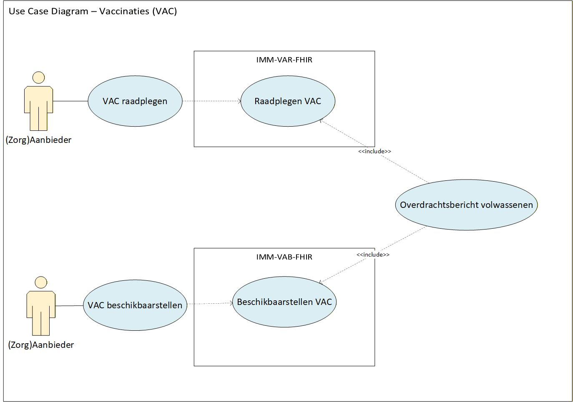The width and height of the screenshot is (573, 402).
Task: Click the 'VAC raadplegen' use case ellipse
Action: click(135, 101)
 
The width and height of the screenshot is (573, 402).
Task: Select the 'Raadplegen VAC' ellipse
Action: click(288, 101)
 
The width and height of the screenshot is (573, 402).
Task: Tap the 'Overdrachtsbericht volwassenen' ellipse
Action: click(466, 205)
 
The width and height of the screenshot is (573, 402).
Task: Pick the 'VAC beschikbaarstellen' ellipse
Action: click(135, 305)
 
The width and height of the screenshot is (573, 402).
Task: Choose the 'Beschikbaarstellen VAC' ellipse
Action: click(284, 302)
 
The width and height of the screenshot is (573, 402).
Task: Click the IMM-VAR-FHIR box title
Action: click(284, 60)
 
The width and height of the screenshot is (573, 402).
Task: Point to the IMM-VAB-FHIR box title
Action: click(284, 257)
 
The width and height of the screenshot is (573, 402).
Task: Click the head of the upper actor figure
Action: click(38, 78)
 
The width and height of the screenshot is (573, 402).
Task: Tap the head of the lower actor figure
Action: click(41, 282)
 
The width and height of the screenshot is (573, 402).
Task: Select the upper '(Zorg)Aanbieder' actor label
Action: click(38, 140)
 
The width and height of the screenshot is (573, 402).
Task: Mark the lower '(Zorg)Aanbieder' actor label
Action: click(41, 345)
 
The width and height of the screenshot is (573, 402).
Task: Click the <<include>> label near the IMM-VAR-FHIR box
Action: click(374, 151)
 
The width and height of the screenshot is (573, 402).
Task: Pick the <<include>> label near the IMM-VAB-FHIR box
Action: click(373, 255)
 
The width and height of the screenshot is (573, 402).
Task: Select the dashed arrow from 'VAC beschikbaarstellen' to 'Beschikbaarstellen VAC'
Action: click(209, 304)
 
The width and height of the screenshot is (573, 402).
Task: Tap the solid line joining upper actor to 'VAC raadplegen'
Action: click(70, 101)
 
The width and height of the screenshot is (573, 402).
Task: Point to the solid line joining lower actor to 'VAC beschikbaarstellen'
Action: click(69, 306)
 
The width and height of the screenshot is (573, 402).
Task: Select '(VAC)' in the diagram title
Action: click(164, 11)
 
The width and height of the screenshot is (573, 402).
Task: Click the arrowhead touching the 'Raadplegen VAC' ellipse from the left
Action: click(239, 101)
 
